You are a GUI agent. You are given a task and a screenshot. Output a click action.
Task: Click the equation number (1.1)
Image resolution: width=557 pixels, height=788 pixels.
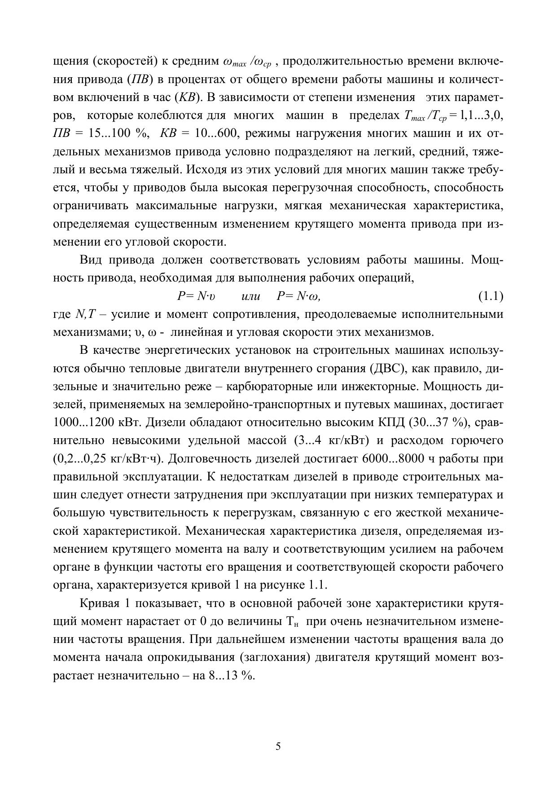[490, 296]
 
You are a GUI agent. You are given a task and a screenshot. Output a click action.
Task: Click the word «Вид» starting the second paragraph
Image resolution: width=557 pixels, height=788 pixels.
[91, 260]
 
